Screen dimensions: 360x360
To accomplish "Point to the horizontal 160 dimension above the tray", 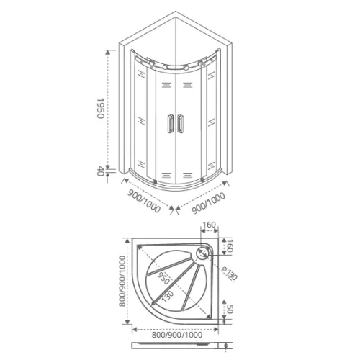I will pos(210,225).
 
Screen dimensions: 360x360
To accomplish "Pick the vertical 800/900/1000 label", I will pos(122,285).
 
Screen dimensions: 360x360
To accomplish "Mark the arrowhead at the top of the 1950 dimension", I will pos(109,52).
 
